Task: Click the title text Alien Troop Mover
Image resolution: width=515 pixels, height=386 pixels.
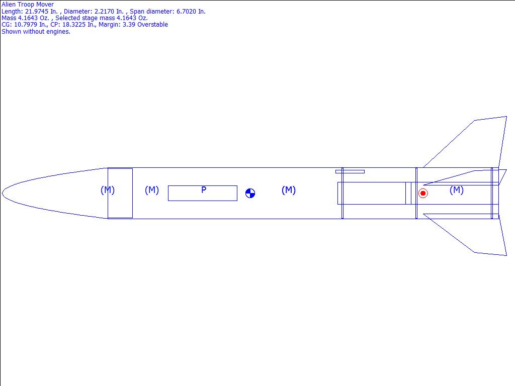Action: [28, 5]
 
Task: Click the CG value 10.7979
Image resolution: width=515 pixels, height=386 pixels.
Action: [25, 25]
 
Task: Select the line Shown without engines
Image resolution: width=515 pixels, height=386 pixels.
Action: [36, 32]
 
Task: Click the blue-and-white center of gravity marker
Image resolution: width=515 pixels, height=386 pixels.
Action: [250, 194]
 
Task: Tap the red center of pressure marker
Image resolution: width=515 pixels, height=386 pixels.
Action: [423, 194]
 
